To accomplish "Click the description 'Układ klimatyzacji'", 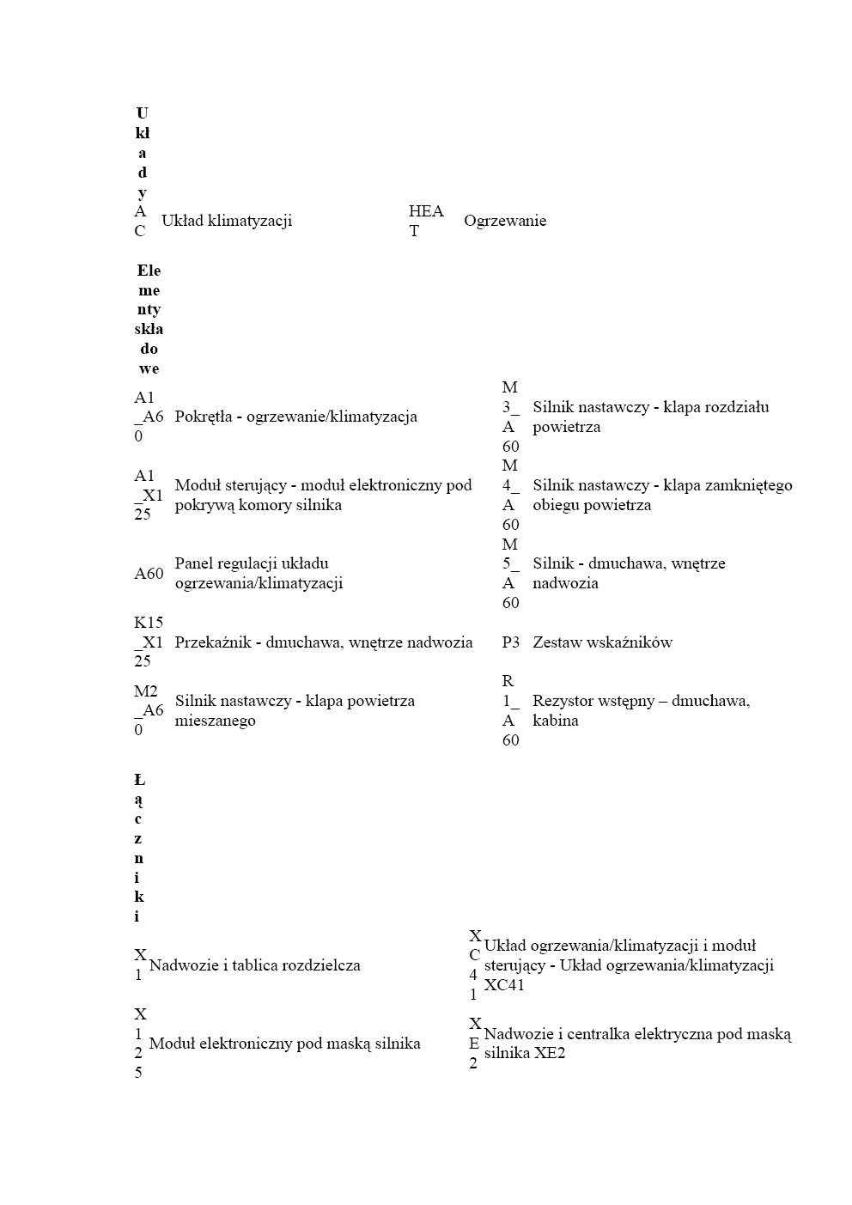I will (x=227, y=221).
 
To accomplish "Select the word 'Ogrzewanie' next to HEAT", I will (x=505, y=221).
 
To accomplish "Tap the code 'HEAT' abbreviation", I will (x=426, y=221).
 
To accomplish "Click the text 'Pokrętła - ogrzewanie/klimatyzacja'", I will (x=295, y=417).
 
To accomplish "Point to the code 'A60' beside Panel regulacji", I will (x=149, y=574).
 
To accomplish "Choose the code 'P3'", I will (x=511, y=642).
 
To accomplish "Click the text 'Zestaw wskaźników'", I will (x=602, y=642).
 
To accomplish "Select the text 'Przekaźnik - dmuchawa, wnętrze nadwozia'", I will (x=324, y=642).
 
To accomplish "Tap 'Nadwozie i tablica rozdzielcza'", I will (x=255, y=965).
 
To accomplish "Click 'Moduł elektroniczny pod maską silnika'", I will (x=284, y=1044).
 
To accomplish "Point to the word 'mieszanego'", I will (x=216, y=721).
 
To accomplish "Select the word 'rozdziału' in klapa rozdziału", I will (x=734, y=407).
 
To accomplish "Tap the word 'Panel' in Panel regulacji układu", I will (x=192, y=563).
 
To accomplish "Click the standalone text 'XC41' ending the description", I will (x=504, y=985).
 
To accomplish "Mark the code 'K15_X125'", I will (x=149, y=642).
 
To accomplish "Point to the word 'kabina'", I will (x=556, y=721).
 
